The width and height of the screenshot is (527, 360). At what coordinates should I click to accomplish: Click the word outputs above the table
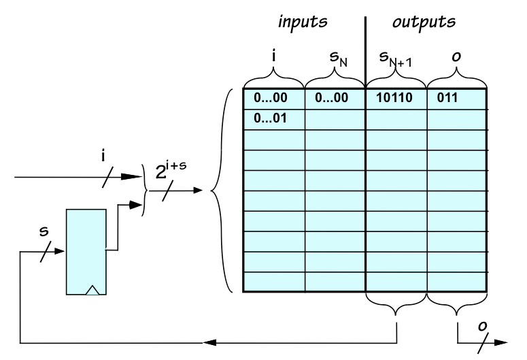point(424,20)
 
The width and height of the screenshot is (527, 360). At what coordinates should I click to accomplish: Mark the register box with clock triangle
point(86,252)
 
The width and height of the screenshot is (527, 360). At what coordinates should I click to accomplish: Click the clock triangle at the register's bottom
point(92,291)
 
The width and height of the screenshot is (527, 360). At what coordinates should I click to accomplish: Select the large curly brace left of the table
point(219,191)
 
